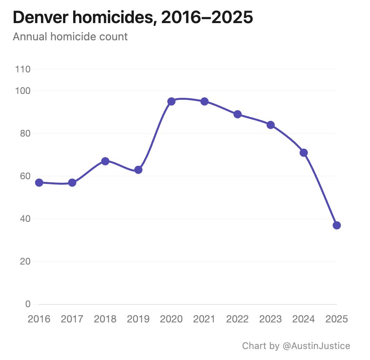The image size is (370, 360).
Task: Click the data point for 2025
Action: tap(337, 225)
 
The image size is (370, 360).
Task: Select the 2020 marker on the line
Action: tap(171, 101)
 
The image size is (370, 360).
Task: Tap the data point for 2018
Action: tap(105, 161)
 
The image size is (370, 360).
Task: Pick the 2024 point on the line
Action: tap(304, 153)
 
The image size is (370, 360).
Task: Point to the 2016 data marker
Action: tap(39, 183)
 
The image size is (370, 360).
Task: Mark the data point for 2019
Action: tap(138, 170)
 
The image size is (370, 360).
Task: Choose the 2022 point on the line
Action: tap(237, 114)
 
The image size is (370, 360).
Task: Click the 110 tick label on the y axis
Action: tap(23, 70)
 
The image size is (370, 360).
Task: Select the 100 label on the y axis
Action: tap(23, 91)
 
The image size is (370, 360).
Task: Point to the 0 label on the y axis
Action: tap(28, 304)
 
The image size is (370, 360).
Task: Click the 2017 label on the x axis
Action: tap(72, 319)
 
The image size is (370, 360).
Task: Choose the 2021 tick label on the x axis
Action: tap(204, 319)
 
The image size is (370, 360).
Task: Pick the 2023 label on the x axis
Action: tap(271, 319)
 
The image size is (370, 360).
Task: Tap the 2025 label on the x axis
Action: tap(337, 319)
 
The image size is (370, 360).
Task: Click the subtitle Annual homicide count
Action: tap(70, 37)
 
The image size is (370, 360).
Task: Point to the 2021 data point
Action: tap(204, 101)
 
